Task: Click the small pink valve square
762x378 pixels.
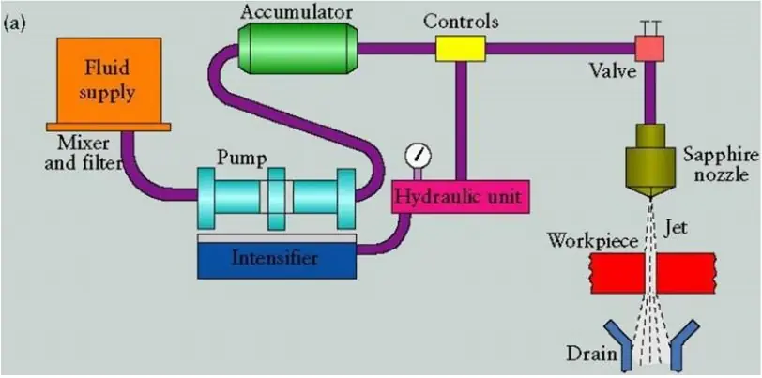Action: pyautogui.click(x=648, y=47)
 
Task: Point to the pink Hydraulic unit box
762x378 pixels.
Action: pyautogui.click(x=457, y=198)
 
